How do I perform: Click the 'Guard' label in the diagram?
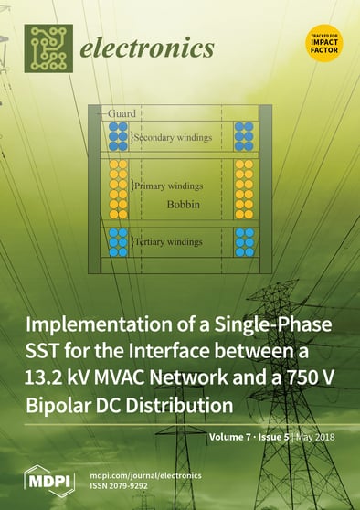coord(122,112)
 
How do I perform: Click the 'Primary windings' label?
coord(169,186)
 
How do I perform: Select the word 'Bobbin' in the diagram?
coord(183,204)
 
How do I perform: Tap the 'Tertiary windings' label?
coord(172,242)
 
